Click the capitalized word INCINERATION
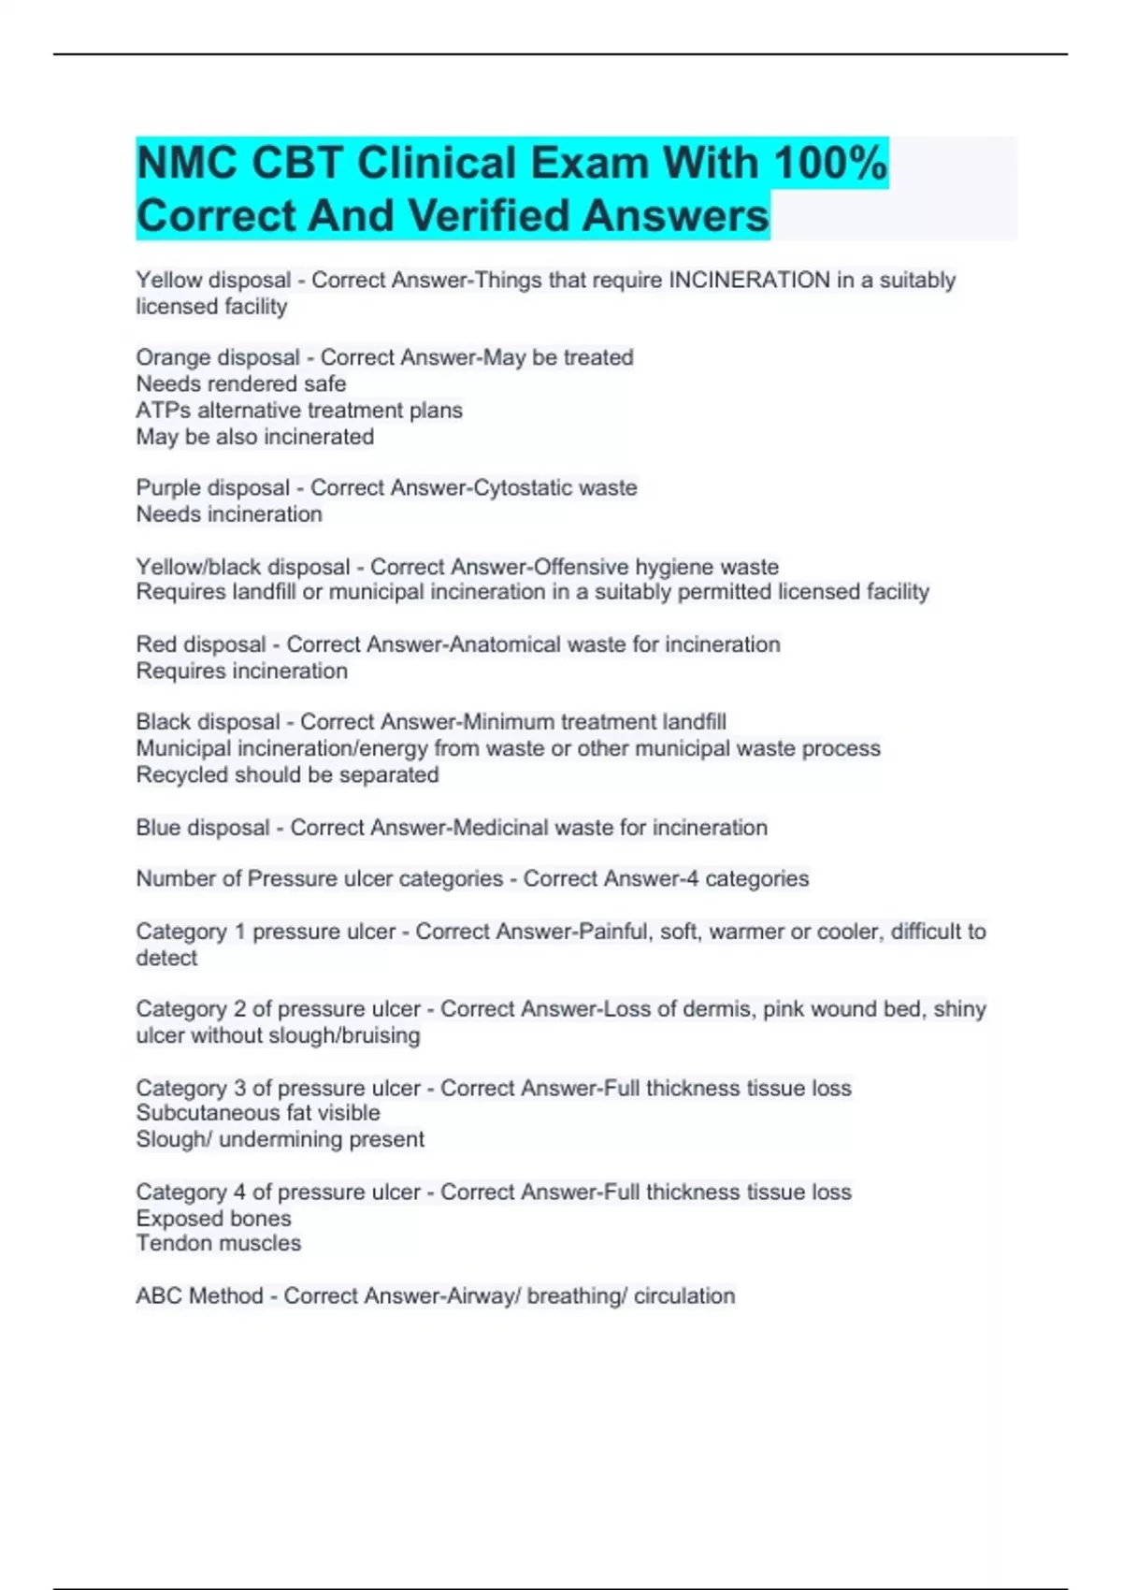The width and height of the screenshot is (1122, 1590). click(x=749, y=280)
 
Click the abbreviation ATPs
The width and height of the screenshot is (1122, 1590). click(x=163, y=410)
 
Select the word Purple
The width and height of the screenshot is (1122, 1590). click(x=169, y=487)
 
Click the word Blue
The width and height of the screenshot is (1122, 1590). click(x=156, y=827)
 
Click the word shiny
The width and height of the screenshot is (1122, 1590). click(x=959, y=1009)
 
